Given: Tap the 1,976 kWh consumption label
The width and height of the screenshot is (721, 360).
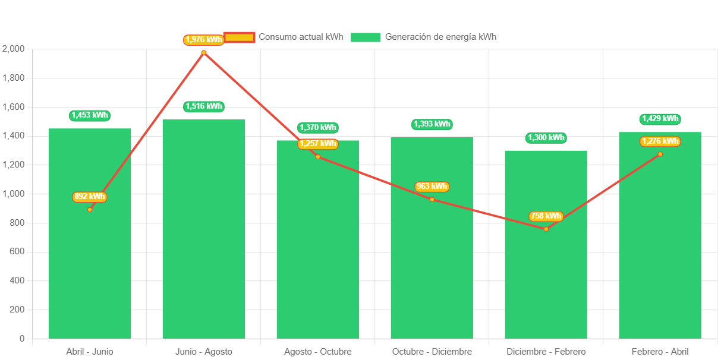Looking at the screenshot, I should coord(203,40).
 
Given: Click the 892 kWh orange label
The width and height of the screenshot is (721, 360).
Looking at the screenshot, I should coord(90,197).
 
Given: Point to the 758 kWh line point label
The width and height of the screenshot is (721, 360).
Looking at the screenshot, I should coord(546,216).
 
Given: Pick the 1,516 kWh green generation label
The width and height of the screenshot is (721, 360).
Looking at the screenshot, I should coord(204,106).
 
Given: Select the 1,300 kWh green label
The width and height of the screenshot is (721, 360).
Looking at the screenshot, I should coord(546,138).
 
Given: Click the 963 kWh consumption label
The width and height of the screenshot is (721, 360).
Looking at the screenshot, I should coord(432,187).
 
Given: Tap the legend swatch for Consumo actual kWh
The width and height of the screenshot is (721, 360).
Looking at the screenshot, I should coord(240,37).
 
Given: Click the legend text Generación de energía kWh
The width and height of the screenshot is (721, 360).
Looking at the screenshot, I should coord(440,37).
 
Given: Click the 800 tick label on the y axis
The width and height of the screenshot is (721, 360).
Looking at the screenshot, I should coord(17,223).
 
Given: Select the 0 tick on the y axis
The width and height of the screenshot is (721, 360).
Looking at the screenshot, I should coord(22,339).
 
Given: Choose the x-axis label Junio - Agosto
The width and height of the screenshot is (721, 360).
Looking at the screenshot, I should coord(204,352).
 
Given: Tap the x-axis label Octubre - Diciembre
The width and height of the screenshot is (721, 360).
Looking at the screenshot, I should coord(432,352).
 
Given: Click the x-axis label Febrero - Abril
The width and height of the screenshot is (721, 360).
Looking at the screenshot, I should coord(660,352).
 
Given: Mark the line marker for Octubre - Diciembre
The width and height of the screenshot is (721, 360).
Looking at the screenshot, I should coord(432,199).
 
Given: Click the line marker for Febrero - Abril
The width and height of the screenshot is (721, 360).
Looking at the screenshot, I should coord(660,154).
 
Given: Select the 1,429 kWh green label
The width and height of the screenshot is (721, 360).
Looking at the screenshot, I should coord(660,119).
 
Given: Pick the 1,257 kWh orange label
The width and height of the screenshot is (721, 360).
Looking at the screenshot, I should coord(317,144).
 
